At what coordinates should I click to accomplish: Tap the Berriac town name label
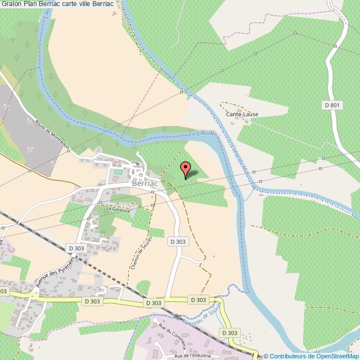(x=145, y=183)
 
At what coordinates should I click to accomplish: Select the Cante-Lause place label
(x=242, y=114)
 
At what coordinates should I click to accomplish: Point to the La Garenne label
(x=118, y=210)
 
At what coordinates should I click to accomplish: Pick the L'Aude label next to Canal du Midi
(x=205, y=133)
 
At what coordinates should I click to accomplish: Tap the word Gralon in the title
(x=12, y=4)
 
